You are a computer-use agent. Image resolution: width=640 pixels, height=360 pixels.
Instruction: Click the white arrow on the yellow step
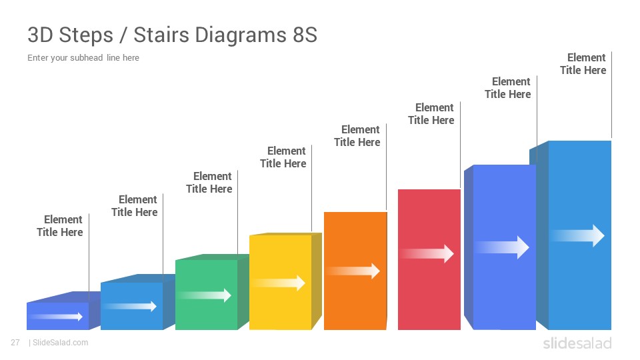279,283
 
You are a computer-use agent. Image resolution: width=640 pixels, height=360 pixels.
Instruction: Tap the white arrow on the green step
205,295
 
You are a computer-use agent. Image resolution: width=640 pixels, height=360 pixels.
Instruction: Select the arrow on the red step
427,253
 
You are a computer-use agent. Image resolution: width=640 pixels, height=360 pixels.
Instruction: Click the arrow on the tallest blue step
578,235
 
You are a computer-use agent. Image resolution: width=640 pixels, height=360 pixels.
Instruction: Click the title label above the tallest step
583,64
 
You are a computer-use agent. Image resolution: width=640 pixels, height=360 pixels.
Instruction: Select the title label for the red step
431,114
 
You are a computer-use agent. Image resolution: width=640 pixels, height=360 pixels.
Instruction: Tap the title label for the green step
209,183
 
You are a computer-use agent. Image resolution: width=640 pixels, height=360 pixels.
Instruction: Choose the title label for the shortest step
59,226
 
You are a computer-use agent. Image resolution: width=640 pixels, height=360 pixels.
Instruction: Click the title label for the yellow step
283,157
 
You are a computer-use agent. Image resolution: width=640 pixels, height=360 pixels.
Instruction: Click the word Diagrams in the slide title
241,35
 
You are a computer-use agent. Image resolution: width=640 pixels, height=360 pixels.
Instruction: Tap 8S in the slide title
305,35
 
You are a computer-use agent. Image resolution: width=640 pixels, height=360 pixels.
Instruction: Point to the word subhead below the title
86,57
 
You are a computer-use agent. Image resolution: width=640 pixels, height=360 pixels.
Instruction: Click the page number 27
15,343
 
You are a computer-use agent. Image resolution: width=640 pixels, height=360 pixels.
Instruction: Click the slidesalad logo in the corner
577,343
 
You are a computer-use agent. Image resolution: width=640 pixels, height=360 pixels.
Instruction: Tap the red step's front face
429,259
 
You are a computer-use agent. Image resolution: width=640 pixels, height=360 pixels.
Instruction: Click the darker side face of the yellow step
316,281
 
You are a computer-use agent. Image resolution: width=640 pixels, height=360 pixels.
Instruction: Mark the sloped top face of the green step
212,257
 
